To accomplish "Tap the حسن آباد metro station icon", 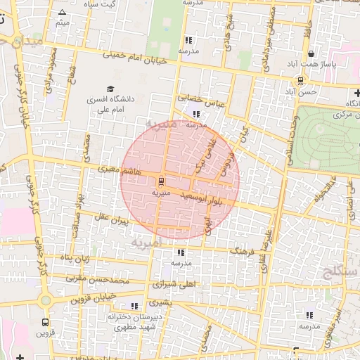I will click(301, 81).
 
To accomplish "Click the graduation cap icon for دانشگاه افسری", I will click(110, 89).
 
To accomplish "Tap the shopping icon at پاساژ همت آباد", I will click(311, 55).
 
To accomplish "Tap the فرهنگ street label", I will click(241, 250).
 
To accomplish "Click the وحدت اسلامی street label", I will click(288, 134).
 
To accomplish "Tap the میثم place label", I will click(63, 24).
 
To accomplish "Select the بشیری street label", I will click(160, 302).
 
